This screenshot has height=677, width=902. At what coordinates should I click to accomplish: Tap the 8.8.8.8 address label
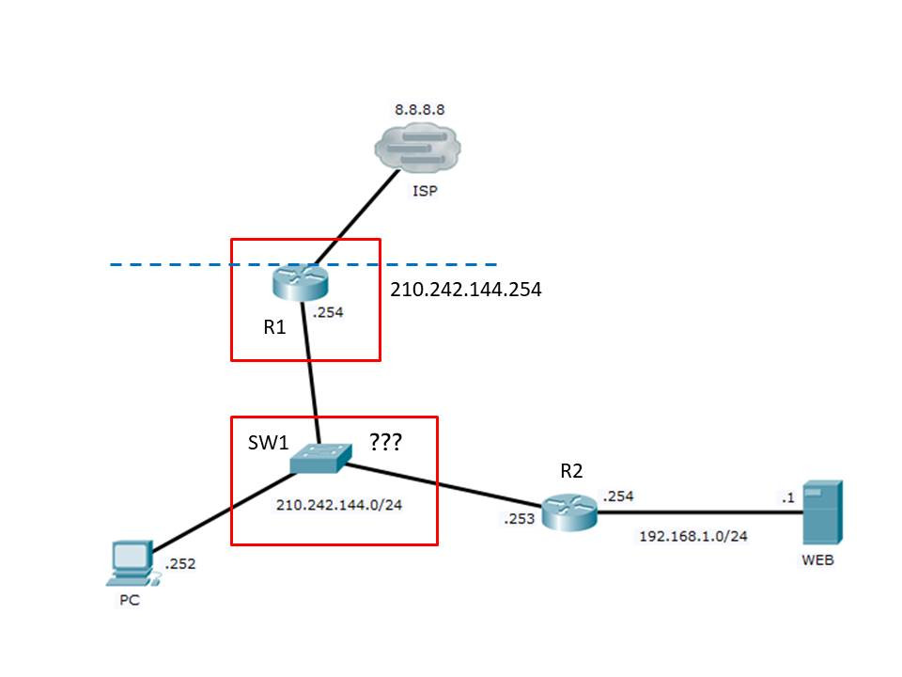click(419, 109)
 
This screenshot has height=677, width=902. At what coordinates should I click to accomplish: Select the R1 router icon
click(294, 279)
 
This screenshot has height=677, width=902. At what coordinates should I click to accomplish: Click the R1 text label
click(273, 328)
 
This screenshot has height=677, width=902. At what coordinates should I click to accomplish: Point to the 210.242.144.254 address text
click(466, 291)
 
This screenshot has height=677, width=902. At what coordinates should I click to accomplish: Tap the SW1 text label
click(268, 443)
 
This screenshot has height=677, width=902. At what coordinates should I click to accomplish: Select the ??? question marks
click(385, 442)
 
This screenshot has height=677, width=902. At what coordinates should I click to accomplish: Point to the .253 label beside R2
click(520, 516)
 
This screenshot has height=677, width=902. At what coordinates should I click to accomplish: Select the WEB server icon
click(822, 513)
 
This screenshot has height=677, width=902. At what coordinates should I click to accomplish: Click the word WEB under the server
click(817, 561)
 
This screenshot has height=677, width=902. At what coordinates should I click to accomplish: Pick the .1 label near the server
click(787, 496)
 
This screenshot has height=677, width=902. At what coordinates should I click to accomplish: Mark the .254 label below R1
click(329, 313)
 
